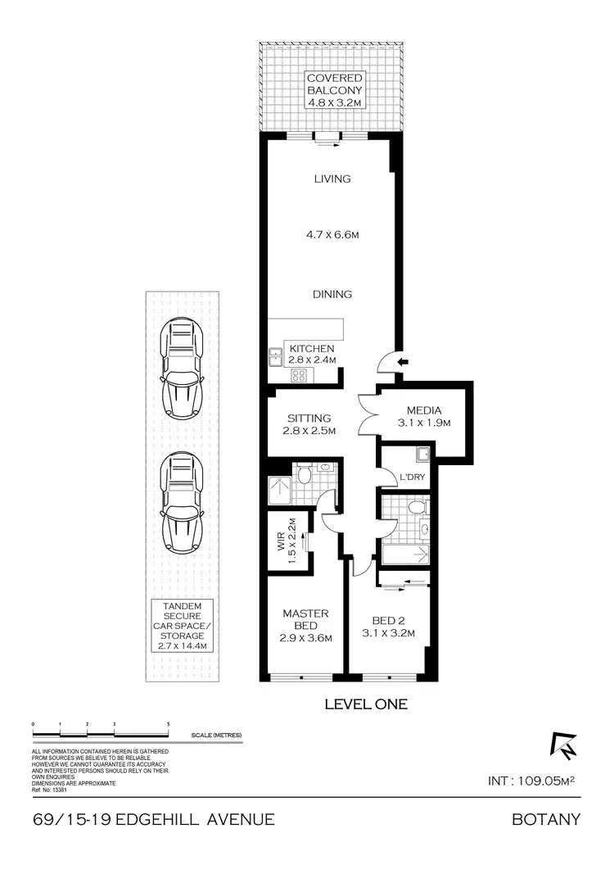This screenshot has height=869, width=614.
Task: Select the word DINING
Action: (332, 294)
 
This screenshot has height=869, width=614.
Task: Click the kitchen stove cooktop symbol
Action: (299, 376)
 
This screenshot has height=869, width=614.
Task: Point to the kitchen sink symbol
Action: (274, 356)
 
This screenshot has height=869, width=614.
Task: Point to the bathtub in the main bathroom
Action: (405, 556)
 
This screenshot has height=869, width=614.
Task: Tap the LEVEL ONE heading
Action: (366, 704)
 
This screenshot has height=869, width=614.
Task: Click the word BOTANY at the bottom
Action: (546, 819)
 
